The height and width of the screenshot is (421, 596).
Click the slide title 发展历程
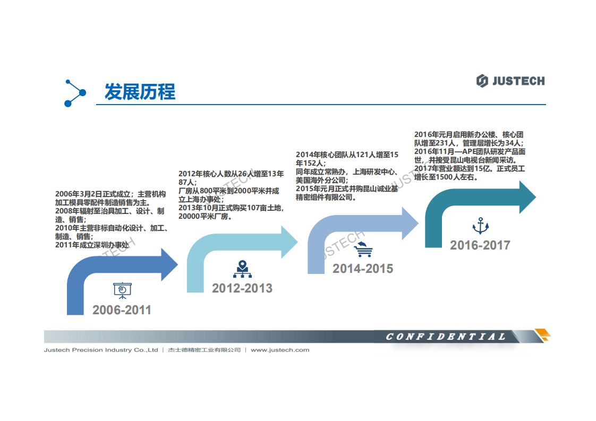point(140,92)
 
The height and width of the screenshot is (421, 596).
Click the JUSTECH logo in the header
point(510,81)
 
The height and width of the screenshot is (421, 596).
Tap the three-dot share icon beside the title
point(75,93)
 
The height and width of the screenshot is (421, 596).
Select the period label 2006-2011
point(122,310)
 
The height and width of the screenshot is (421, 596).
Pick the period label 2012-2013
point(242,288)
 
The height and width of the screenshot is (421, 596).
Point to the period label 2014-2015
point(363,269)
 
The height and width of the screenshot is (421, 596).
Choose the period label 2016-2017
point(480,245)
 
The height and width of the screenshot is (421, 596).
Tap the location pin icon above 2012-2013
point(242,269)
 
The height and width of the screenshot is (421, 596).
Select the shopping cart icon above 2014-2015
point(363,250)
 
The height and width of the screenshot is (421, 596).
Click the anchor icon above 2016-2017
point(480,226)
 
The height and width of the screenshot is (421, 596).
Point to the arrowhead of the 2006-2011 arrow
point(169,264)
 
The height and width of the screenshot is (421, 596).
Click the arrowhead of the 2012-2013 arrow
point(290,242)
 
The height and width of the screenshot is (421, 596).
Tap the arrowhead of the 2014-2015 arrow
point(410,224)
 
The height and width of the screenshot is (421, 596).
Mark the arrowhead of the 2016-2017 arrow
point(527,197)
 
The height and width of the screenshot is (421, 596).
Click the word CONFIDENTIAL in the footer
point(446,337)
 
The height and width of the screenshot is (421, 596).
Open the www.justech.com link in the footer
point(280,350)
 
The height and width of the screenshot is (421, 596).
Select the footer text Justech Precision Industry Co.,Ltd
point(101,350)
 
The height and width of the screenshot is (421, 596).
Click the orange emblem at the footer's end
point(542,335)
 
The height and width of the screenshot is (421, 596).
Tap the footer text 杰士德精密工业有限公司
point(204,350)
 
